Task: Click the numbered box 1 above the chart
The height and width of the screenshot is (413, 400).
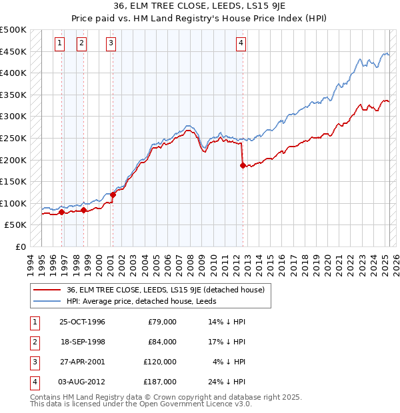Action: [59, 43]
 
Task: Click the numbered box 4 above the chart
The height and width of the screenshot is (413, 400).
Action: [241, 43]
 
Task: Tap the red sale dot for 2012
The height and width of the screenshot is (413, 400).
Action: [243, 166]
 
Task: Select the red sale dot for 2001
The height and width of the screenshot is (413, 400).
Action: [113, 195]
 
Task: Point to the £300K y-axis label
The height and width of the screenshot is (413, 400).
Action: [13, 117]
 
